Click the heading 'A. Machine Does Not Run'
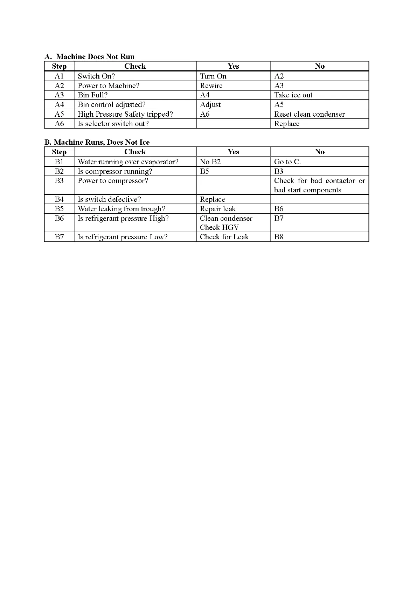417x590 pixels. [90, 57]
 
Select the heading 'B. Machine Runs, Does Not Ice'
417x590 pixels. [97, 142]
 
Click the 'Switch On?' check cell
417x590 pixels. [96, 76]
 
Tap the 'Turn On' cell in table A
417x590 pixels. [213, 76]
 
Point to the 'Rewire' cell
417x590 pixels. [211, 86]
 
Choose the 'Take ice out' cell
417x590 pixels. [293, 95]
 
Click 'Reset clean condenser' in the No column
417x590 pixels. [309, 114]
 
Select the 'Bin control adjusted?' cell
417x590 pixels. [111, 105]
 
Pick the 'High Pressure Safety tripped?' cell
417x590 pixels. [125, 114]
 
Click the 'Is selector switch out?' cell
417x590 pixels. [113, 124]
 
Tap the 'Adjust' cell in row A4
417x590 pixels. [210, 105]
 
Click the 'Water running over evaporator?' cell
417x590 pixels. [128, 162]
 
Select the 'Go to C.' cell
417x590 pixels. [287, 162]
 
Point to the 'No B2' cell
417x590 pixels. [210, 162]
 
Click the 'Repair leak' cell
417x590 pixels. [218, 209]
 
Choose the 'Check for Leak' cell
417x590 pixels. [224, 237]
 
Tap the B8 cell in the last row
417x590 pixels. [279, 237]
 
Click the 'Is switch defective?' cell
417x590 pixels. [109, 199]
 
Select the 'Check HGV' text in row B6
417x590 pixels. [219, 227]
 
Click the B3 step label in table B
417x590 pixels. [59, 181]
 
